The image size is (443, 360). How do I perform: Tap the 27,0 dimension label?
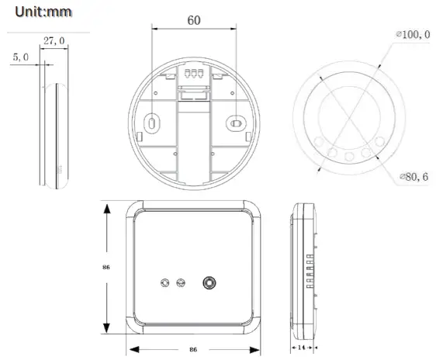54,41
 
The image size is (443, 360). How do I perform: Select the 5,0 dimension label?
21,57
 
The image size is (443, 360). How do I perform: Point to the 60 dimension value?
194,20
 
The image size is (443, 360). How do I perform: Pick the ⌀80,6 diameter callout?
413,177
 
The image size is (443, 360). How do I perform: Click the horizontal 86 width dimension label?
192,350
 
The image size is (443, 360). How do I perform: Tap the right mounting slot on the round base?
236,123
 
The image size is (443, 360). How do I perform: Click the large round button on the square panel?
209,283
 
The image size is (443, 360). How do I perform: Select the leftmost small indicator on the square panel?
164,283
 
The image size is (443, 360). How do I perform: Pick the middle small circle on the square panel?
182,283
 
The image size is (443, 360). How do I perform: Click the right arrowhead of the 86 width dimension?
260,350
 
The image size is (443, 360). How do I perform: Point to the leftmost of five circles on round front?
320,141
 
